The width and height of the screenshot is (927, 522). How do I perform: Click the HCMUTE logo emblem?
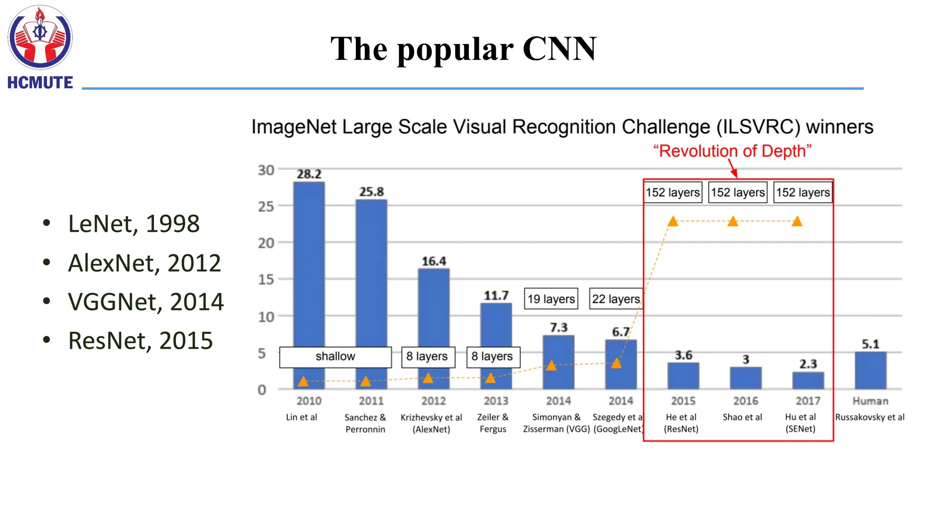click(40, 38)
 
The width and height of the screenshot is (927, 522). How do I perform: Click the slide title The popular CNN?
click(463, 49)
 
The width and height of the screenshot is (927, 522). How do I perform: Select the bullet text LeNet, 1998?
click(134, 224)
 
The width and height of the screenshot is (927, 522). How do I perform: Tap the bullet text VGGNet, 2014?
click(146, 302)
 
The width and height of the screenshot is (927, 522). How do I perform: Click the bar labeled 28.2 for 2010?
click(309, 263)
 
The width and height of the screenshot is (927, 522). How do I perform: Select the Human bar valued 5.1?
click(870, 370)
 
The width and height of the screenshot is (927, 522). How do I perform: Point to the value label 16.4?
click(434, 261)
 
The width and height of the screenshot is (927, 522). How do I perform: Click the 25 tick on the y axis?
click(266, 207)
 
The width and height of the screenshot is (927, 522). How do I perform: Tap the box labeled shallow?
click(335, 357)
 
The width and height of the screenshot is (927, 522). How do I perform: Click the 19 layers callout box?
click(551, 299)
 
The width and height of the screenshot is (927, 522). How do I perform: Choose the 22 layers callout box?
click(616, 299)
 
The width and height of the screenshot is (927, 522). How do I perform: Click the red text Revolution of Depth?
click(732, 151)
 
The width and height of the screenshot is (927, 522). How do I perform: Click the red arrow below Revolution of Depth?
click(733, 169)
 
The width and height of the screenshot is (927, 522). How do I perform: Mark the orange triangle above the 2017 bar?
click(797, 222)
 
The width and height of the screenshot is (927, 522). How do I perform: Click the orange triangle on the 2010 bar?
click(303, 382)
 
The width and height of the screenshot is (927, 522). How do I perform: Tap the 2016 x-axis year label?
click(745, 401)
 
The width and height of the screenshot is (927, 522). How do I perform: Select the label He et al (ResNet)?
click(681, 423)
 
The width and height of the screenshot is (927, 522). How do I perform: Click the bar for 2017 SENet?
click(808, 381)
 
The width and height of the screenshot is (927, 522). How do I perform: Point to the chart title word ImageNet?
click(294, 127)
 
